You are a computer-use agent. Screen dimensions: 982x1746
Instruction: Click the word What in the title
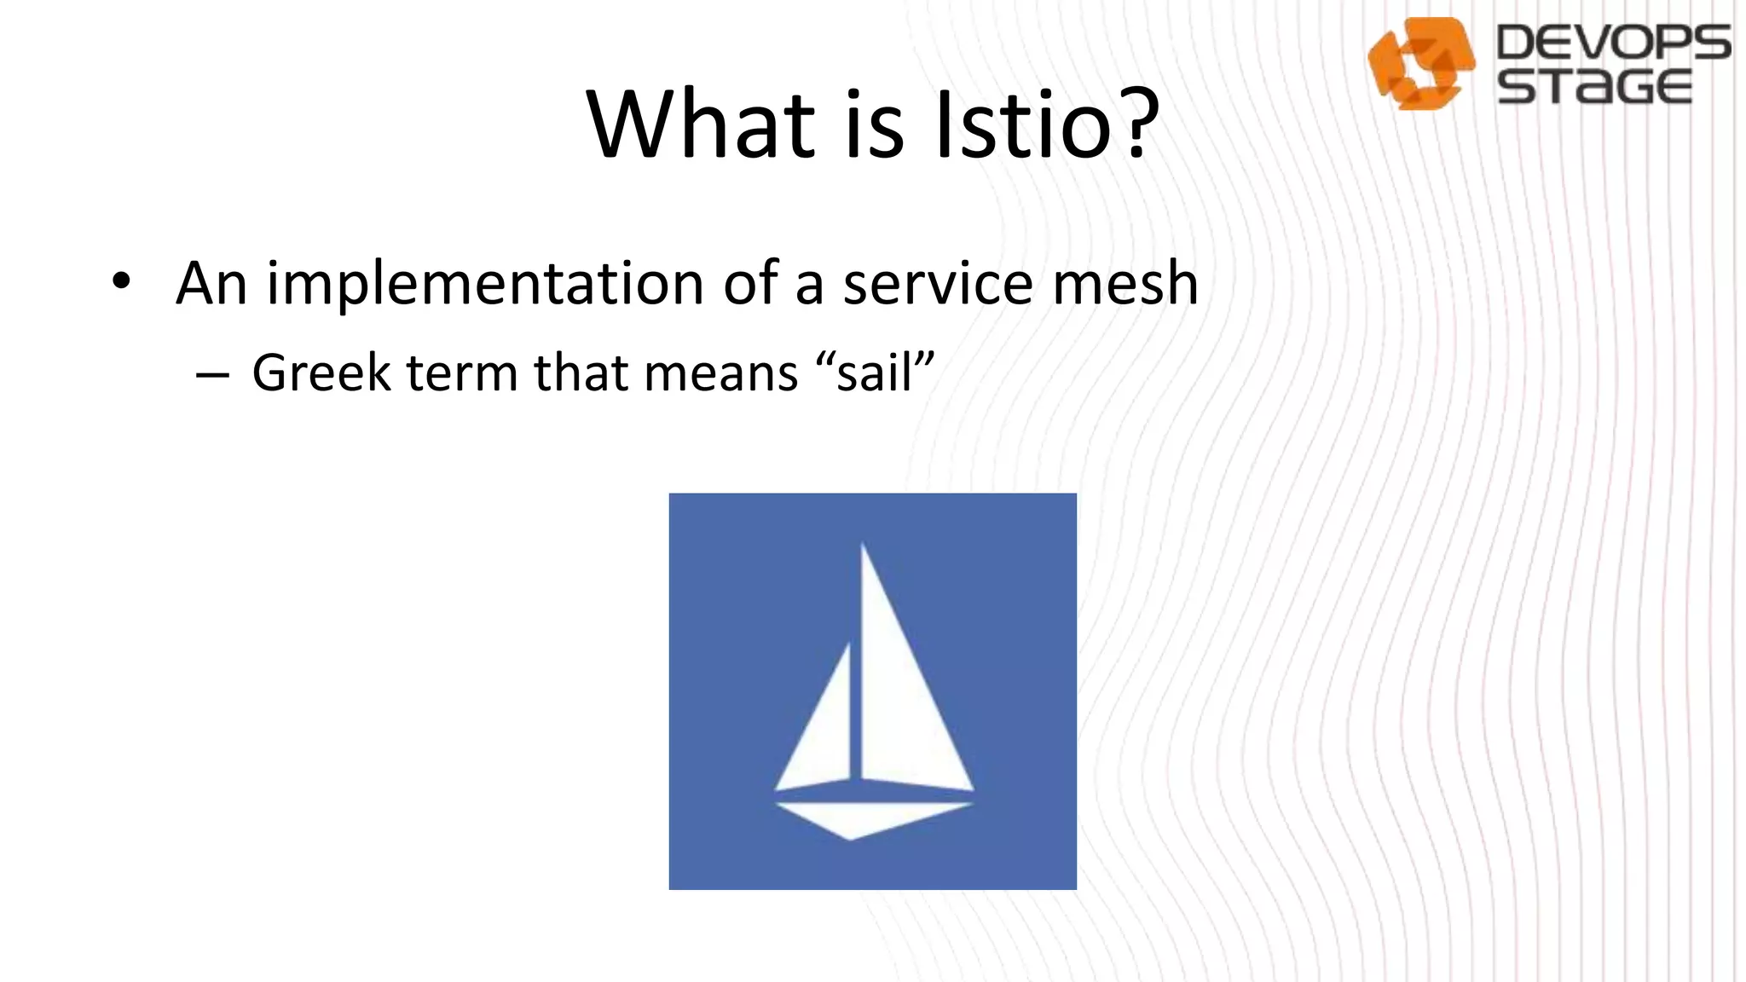[x=701, y=124]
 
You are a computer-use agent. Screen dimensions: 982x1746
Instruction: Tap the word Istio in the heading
[x=1023, y=124]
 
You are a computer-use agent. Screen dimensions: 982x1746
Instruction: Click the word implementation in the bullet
[x=484, y=283]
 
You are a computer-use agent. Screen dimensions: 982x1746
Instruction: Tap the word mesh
[x=1125, y=283]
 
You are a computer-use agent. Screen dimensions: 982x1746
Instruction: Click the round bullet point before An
[x=122, y=281]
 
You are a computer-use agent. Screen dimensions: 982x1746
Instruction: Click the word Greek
[x=321, y=373]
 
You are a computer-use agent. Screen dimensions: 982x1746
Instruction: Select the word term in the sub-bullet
[x=461, y=373]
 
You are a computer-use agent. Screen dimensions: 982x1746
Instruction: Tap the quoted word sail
[x=875, y=373]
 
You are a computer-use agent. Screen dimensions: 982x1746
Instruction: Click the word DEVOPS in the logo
[x=1613, y=43]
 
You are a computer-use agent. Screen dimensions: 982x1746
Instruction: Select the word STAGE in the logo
[x=1594, y=87]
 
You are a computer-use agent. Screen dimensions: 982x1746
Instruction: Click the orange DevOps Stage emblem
[x=1421, y=63]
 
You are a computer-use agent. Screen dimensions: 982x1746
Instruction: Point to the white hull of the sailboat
[x=861, y=818]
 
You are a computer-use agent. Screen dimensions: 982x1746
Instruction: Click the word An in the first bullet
[x=211, y=283]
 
